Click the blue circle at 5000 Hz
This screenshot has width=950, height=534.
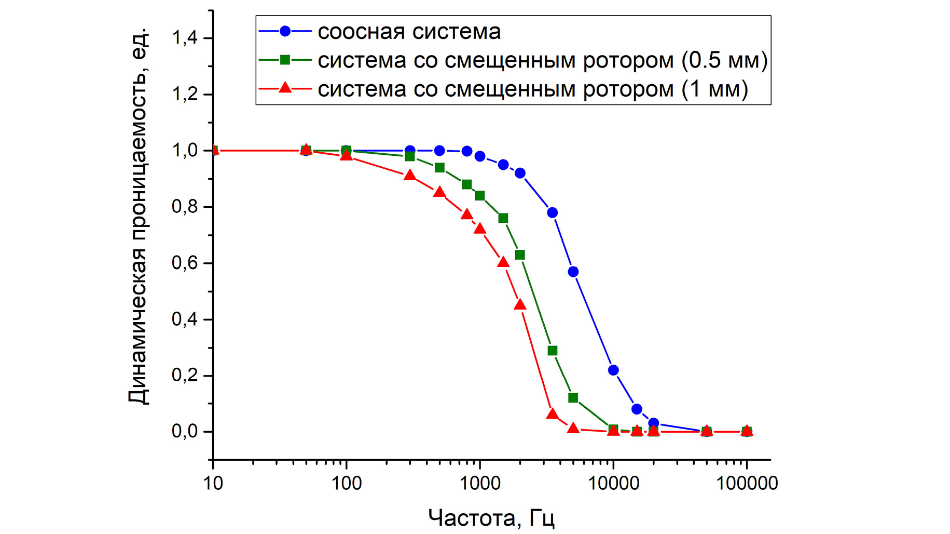[x=573, y=272]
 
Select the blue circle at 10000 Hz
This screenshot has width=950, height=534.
[x=613, y=370]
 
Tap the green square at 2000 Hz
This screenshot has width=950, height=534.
[x=520, y=255]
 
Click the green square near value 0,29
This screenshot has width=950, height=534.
[x=553, y=351]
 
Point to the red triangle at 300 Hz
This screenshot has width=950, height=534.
[x=410, y=176]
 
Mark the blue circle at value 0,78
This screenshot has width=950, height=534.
[x=553, y=212]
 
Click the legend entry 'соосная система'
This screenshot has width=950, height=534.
[x=409, y=32]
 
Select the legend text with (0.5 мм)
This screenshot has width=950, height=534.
[x=542, y=61]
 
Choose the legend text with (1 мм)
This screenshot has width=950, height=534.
[x=532, y=89]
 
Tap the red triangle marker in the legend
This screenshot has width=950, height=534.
[x=285, y=88]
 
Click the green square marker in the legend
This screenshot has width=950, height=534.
[x=285, y=60]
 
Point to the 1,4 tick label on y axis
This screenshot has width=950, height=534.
[x=185, y=38]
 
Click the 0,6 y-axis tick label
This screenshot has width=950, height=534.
[x=185, y=263]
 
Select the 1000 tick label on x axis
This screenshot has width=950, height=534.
[x=479, y=484]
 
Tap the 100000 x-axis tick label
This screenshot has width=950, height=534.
[x=747, y=484]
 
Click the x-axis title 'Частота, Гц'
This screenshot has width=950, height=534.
[x=491, y=518]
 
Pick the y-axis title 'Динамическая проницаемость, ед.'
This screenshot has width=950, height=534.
[x=139, y=216]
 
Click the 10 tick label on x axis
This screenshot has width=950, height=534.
[x=213, y=484]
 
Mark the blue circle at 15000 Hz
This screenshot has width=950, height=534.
[x=637, y=409]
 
